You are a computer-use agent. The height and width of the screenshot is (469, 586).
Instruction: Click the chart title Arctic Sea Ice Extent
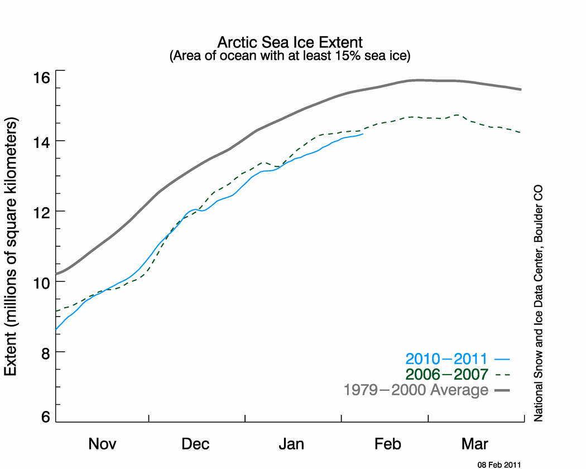click(290, 42)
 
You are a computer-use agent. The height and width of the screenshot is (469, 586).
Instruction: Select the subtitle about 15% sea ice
click(290, 56)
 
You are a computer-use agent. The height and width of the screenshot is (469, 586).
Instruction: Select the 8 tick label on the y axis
click(45, 352)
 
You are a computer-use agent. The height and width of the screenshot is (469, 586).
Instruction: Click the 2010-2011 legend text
click(446, 359)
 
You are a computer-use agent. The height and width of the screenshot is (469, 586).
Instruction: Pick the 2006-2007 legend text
click(446, 374)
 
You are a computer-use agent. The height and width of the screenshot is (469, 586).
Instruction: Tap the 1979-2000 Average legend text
click(416, 390)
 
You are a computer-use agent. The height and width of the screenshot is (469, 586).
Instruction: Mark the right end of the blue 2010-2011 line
click(363, 134)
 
